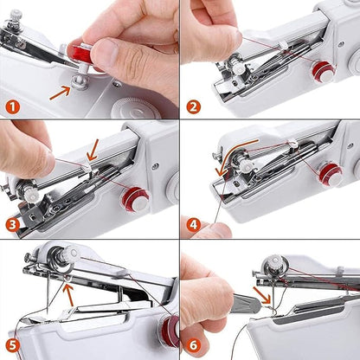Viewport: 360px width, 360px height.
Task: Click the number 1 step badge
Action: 12,108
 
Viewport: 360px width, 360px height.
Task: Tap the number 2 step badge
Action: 193,108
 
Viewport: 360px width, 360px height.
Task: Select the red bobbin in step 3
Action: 134,198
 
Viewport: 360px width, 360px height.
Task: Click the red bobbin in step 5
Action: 169,330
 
